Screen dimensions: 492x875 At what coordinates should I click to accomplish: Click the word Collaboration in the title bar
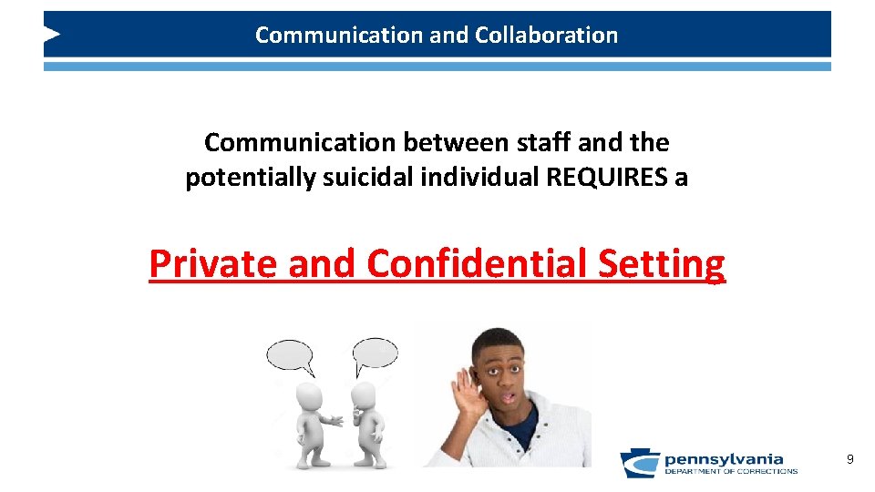coord(546,36)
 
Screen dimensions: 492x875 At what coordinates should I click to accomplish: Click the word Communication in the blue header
coord(314,36)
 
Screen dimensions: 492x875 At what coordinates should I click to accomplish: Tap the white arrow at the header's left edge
coord(52,35)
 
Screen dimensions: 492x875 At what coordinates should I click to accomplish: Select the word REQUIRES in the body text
coord(605,177)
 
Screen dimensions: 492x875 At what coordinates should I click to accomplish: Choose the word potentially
coord(242,177)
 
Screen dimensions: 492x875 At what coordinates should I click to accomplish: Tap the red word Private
coord(214,264)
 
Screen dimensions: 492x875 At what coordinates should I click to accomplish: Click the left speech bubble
coord(290,354)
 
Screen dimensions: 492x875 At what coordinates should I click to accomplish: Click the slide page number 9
coord(849,459)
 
